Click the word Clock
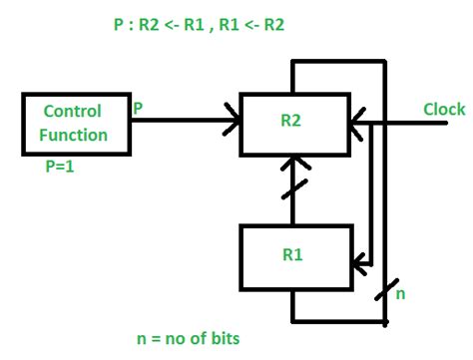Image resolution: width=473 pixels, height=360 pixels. coord(443,110)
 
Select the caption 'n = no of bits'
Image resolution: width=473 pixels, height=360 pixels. coord(189,338)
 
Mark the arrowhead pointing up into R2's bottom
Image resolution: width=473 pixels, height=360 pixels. coord(290,162)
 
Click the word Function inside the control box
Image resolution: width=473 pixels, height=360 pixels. coord(73,133)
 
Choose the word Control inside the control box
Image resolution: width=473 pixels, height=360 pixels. coord(73,111)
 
